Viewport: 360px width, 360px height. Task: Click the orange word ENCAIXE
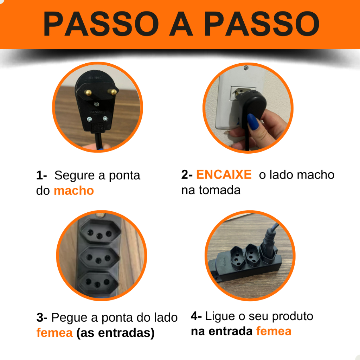point(224,174)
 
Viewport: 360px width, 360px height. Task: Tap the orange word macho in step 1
point(74,191)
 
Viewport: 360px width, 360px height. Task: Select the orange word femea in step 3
point(54,333)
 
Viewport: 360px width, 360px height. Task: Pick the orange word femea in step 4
point(274,331)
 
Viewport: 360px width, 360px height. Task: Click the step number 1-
point(41,175)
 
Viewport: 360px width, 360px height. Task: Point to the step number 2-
point(187,174)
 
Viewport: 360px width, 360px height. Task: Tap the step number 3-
point(42,317)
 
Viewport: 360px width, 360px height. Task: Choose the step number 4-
point(196,316)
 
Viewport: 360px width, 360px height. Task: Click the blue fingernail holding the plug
point(253,122)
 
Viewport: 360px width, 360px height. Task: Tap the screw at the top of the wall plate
point(246,68)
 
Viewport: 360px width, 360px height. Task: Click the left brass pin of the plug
point(88,92)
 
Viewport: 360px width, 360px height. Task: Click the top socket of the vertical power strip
point(100,231)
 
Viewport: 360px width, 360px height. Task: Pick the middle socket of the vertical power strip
point(99,258)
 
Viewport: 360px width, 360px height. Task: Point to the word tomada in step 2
point(219,190)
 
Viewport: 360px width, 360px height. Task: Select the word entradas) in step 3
point(126,333)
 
